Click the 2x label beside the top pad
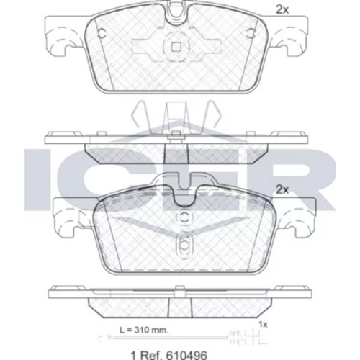click(282, 10)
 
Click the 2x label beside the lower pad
click(282, 190)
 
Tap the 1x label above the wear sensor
click(263, 325)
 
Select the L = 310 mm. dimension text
click(144, 330)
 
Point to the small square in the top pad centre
click(176, 48)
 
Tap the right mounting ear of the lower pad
click(296, 217)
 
